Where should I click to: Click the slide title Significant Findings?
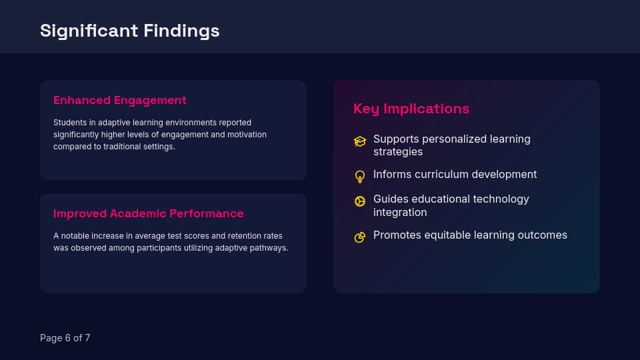point(129,31)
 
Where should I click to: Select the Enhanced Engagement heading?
point(120,100)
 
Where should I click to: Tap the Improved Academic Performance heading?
point(149,213)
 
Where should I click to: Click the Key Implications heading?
point(411,109)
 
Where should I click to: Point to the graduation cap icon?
point(360,141)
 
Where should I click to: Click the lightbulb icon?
point(360,177)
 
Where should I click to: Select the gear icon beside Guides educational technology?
point(360,201)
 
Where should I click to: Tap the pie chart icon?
point(360,237)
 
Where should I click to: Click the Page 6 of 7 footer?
point(65,338)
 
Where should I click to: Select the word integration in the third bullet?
point(400,213)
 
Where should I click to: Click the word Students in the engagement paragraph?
point(70,123)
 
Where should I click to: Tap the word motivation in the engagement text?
point(245,135)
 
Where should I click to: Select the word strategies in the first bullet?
point(398,152)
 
